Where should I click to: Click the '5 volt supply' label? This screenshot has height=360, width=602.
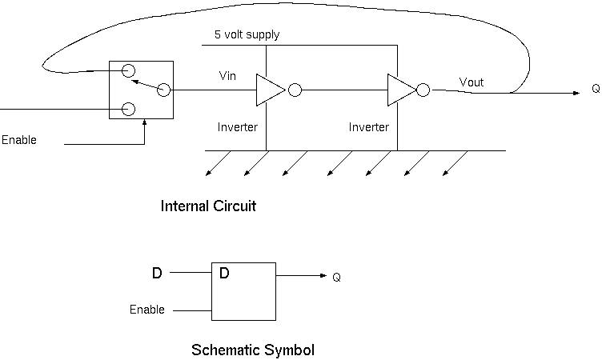(x=247, y=35)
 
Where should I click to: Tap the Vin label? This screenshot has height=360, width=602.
(x=227, y=76)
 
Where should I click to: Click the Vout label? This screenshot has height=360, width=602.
(x=472, y=82)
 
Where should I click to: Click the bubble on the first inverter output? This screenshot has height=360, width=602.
(x=295, y=90)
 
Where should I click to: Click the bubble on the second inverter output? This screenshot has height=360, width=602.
(x=423, y=90)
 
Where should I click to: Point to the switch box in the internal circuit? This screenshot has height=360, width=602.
(x=142, y=90)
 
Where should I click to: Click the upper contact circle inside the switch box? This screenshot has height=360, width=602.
(x=127, y=71)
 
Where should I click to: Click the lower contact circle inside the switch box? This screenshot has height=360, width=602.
(x=127, y=109)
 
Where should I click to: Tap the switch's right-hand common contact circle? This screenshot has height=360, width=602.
(x=163, y=90)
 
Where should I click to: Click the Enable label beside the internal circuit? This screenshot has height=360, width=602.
(x=19, y=140)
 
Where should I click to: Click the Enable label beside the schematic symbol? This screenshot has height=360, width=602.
(x=147, y=309)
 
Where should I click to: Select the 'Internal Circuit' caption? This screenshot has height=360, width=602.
(x=208, y=206)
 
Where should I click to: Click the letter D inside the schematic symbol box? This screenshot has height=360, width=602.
(x=224, y=274)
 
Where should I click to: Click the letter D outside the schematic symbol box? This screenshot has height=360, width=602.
(x=157, y=274)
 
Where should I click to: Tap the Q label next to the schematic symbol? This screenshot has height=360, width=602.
(x=337, y=278)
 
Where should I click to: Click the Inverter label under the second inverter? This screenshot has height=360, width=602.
(x=369, y=127)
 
